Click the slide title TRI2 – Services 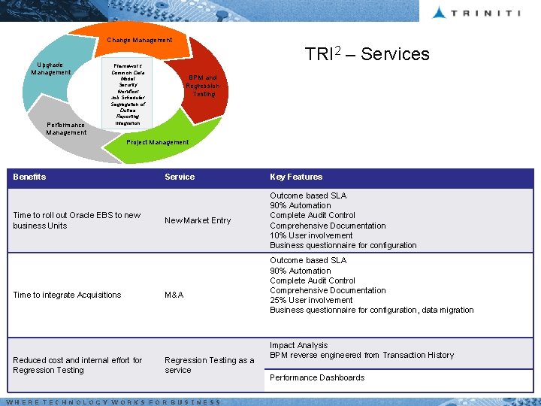[367, 54]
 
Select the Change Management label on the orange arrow [139, 40]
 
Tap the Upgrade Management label [51, 68]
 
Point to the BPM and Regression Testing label [203, 86]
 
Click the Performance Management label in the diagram [66, 129]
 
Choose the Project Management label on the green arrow [158, 142]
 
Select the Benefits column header [29, 177]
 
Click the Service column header [180, 177]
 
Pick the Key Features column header [296, 177]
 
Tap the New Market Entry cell [198, 220]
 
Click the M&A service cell [174, 295]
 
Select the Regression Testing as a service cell [209, 365]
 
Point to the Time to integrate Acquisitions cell [67, 295]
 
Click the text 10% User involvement [311, 235]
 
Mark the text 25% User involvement [311, 300]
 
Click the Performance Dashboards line [317, 377]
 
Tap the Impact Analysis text [298, 345]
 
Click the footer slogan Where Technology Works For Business [113, 402]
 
